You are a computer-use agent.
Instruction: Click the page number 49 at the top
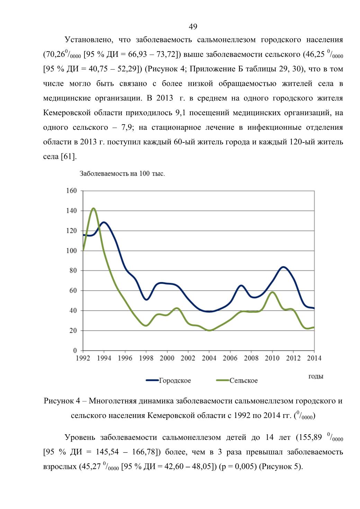(x=193, y=27)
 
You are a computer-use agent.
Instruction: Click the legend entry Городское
(x=169, y=380)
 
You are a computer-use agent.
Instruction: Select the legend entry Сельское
(x=237, y=380)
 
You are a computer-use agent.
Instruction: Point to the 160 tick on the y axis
(x=72, y=191)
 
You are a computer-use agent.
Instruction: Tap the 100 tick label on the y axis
(x=72, y=251)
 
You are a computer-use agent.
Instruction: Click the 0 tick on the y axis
(x=75, y=351)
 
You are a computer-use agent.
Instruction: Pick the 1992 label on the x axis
(x=83, y=358)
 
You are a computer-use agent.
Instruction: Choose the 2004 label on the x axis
(x=209, y=358)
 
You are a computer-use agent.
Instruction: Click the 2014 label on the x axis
(x=314, y=358)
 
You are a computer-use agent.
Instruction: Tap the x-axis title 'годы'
(x=316, y=376)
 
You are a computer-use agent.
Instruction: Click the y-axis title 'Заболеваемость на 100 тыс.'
(x=122, y=174)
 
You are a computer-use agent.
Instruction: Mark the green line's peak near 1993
(x=93, y=208)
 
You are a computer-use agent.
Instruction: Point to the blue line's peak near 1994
(x=104, y=222)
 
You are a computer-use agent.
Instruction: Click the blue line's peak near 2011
(x=283, y=267)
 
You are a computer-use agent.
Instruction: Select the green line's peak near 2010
(x=272, y=292)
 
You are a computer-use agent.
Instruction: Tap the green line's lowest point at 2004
(x=209, y=330)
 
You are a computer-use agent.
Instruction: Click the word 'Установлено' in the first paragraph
(x=89, y=40)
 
